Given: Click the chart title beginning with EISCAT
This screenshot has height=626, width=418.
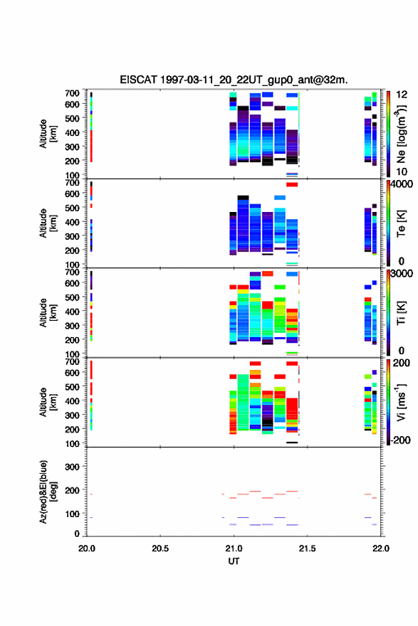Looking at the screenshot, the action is point(234,80).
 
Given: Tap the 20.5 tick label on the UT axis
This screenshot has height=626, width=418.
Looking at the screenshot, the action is point(160,548).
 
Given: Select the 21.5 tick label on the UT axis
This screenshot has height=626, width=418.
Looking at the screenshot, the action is point(307,548).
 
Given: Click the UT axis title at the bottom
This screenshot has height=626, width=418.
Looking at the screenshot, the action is point(234,561).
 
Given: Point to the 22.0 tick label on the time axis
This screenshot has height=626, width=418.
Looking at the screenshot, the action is point(380,548).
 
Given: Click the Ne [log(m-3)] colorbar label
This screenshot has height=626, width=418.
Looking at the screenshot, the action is point(401,134).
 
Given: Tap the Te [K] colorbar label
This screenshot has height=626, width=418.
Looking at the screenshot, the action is point(401,223).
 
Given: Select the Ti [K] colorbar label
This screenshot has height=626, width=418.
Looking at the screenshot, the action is point(401,312).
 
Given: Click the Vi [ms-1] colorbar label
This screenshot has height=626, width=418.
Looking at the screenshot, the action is point(401,402).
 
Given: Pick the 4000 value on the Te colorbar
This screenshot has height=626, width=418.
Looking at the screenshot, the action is point(402,184).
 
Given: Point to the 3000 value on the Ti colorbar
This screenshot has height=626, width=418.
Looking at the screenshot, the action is point(402,273).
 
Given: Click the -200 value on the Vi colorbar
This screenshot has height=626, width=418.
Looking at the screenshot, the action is point(401,440).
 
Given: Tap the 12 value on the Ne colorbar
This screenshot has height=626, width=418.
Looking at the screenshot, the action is point(402,95).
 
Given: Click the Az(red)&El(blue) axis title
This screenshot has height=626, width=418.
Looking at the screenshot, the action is point(48,492).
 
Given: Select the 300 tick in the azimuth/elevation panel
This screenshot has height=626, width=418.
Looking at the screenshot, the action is point(72,467).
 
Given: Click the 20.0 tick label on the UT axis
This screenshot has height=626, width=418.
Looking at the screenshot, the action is point(87,548).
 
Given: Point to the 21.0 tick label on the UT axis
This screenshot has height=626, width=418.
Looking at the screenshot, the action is point(234,548).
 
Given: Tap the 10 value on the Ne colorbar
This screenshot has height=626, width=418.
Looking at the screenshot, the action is point(402,171).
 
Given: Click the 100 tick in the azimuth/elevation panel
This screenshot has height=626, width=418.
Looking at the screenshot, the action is point(72,514).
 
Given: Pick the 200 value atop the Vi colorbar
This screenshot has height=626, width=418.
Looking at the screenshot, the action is point(402,363).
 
